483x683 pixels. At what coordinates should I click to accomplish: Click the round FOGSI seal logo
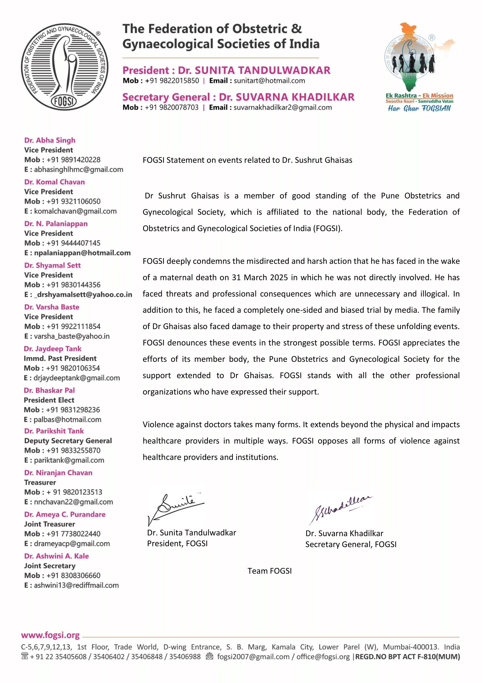tap(65, 67)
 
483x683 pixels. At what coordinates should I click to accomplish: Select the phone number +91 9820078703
tap(172, 107)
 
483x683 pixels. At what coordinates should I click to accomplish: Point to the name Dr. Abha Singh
tap(50, 140)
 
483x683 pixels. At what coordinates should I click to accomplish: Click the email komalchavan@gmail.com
tap(75, 211)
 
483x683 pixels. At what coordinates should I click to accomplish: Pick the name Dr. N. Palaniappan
tap(56, 223)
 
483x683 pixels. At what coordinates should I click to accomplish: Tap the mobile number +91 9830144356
tap(74, 285)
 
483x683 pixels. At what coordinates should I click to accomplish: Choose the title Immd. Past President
tap(60, 358)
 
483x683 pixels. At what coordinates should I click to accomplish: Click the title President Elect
tap(49, 400)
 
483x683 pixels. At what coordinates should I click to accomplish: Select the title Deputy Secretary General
tap(68, 441)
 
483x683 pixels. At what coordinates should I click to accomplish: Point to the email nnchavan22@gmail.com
tap(74, 502)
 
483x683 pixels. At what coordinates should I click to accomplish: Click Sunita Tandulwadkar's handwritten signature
tap(176, 509)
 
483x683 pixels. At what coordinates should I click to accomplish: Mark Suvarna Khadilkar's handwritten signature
tap(340, 509)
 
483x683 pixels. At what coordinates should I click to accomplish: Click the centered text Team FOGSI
tap(270, 571)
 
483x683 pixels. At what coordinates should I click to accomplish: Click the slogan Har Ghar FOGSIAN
tap(419, 108)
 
